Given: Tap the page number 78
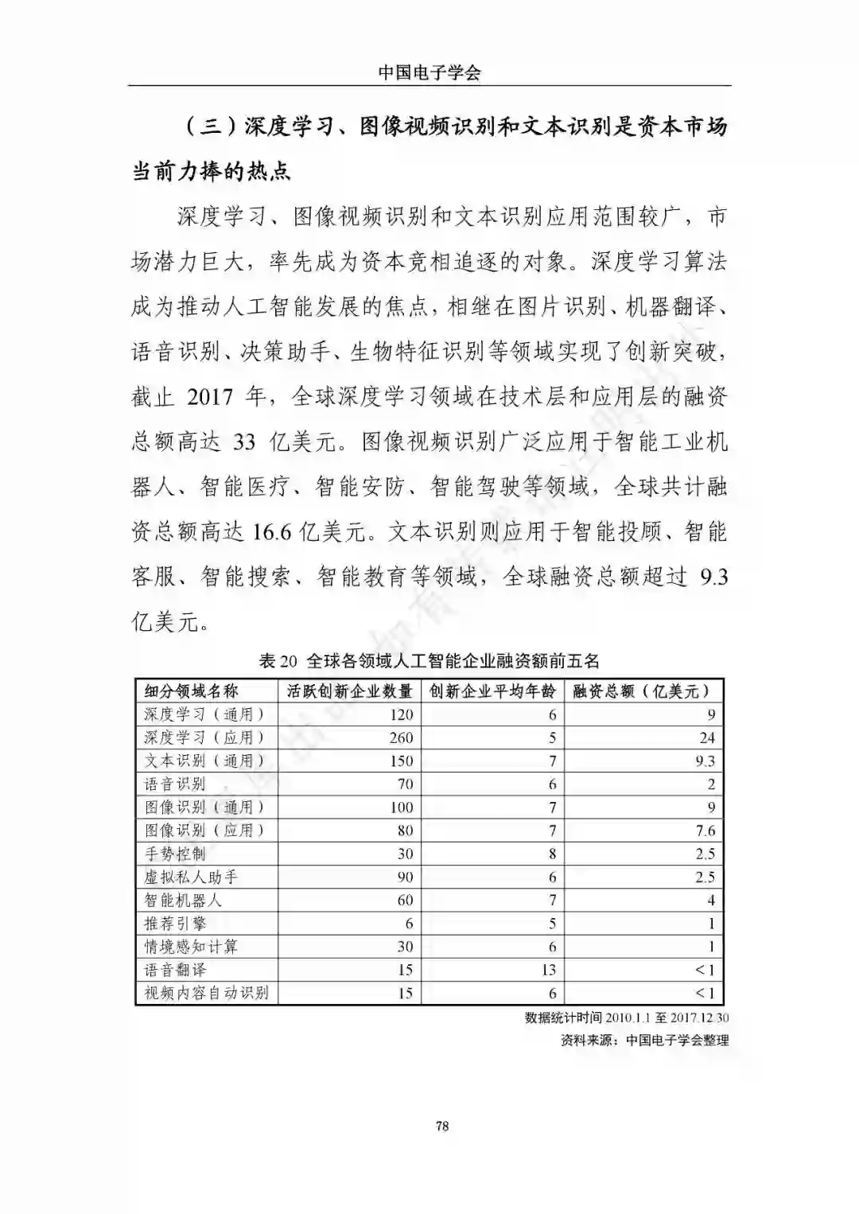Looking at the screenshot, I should click(x=443, y=1126).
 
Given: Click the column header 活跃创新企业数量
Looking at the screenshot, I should click(x=350, y=691).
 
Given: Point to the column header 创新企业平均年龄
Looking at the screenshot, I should click(x=492, y=691).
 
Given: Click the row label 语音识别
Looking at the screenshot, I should click(x=175, y=784).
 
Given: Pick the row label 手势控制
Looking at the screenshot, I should click(x=175, y=854).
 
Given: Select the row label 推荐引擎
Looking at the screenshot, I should click(x=175, y=924).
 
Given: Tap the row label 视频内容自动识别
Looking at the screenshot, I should click(x=206, y=993).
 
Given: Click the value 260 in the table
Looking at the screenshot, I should click(x=401, y=737).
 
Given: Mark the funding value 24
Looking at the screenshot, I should click(x=707, y=737).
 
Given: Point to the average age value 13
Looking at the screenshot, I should click(x=548, y=970).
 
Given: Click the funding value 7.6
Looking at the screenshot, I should click(x=705, y=831).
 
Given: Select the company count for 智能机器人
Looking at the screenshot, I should click(x=405, y=901).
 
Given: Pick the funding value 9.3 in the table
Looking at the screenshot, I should click(x=705, y=761).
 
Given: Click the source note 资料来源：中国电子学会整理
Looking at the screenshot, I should click(x=644, y=1040).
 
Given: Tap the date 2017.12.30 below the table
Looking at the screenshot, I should click(x=700, y=1018).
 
